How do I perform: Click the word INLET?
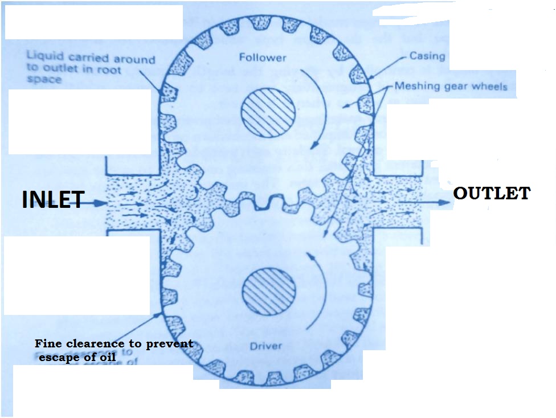(53, 200)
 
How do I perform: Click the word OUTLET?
(491, 193)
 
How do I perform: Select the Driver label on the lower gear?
(267, 346)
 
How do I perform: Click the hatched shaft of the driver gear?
(268, 288)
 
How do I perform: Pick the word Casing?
(427, 56)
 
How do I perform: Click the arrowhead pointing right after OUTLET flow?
(445, 202)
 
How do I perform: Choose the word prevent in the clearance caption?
(171, 344)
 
